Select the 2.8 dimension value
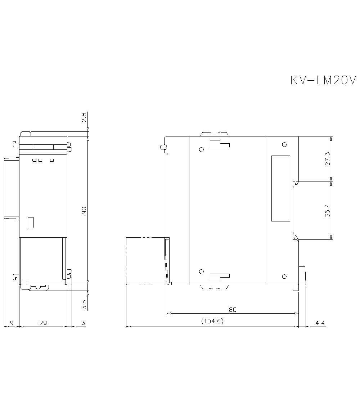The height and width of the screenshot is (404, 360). [84, 117]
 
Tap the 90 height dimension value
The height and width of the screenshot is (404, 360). [84, 210]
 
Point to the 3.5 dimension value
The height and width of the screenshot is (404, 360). [84, 305]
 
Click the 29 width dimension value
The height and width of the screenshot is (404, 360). [43, 323]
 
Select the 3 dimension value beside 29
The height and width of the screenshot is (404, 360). [83, 323]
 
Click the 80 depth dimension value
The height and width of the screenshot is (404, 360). [233, 310]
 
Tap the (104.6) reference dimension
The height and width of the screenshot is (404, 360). [212, 321]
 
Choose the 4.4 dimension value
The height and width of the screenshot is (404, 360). [320, 323]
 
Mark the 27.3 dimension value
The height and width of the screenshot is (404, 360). [327, 158]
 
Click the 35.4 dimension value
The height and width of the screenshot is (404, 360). [327, 210]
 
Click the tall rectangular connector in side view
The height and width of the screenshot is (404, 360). [281, 188]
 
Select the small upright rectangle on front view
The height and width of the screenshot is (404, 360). [31, 223]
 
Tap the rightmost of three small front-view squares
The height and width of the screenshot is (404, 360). [52, 160]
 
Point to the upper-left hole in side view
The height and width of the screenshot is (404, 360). [201, 149]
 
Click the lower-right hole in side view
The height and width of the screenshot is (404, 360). [284, 276]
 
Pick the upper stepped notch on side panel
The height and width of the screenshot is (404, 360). [220, 144]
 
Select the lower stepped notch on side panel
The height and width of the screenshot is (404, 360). [220, 277]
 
